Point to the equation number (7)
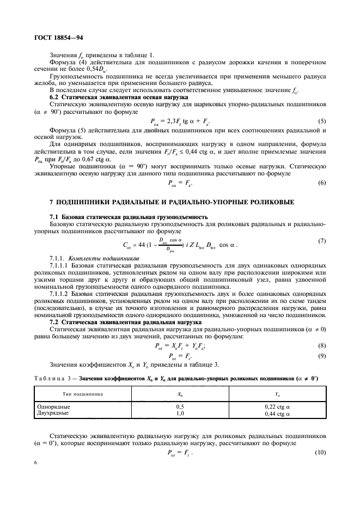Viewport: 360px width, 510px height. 321,241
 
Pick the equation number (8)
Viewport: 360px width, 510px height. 321,345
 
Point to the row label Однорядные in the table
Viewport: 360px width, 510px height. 53,406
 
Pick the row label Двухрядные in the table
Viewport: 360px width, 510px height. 52,413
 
